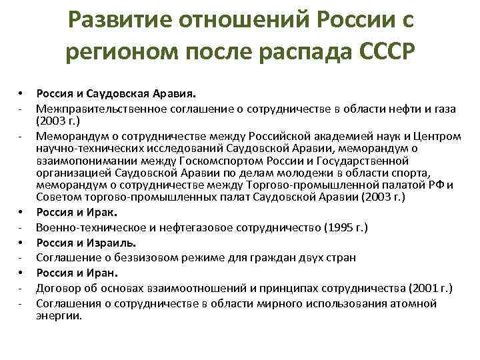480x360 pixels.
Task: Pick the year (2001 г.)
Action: tap(428, 288)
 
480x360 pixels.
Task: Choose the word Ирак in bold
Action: tap(107, 213)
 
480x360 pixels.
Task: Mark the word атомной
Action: tap(413, 303)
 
